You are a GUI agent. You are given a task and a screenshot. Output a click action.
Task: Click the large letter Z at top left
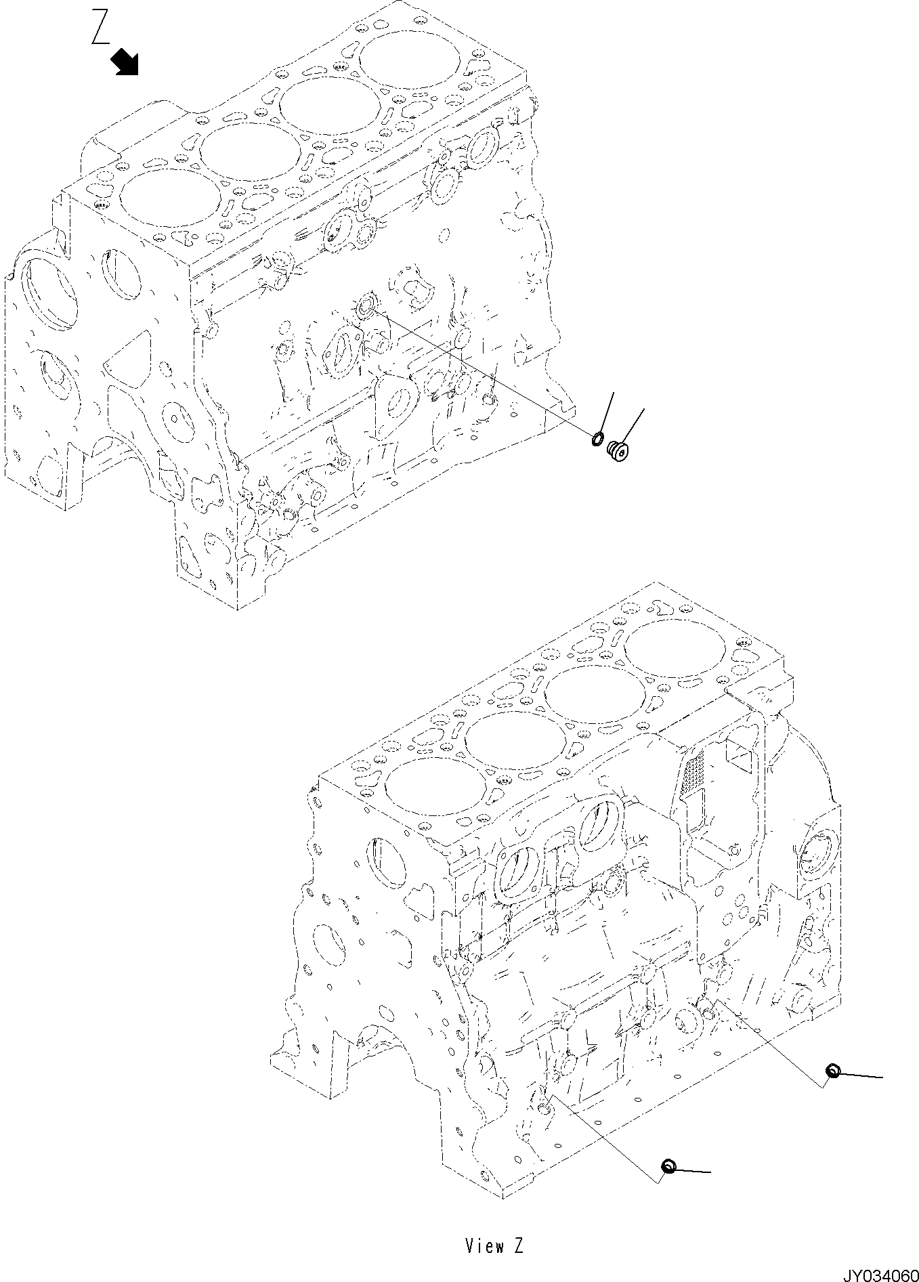[x=101, y=28]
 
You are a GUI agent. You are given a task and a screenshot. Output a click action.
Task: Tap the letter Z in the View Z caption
[x=518, y=1245]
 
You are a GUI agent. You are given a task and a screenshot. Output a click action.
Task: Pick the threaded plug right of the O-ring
[x=617, y=450]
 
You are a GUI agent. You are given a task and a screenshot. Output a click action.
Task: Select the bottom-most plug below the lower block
[x=668, y=1166]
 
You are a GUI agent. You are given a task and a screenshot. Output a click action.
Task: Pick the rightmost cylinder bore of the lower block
[x=675, y=649]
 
